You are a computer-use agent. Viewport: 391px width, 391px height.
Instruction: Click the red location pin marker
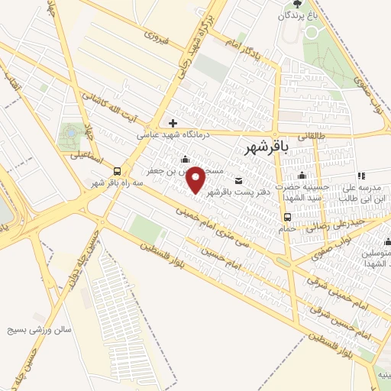click(196, 180)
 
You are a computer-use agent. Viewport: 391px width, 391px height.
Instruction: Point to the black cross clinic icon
click(173, 123)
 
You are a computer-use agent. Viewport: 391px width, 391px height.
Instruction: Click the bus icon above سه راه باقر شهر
click(117, 171)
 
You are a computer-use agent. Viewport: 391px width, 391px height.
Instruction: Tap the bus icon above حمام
click(287, 215)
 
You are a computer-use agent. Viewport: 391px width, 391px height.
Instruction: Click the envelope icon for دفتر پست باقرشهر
click(239, 181)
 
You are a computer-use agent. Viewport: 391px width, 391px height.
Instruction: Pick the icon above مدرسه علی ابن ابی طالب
click(360, 176)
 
